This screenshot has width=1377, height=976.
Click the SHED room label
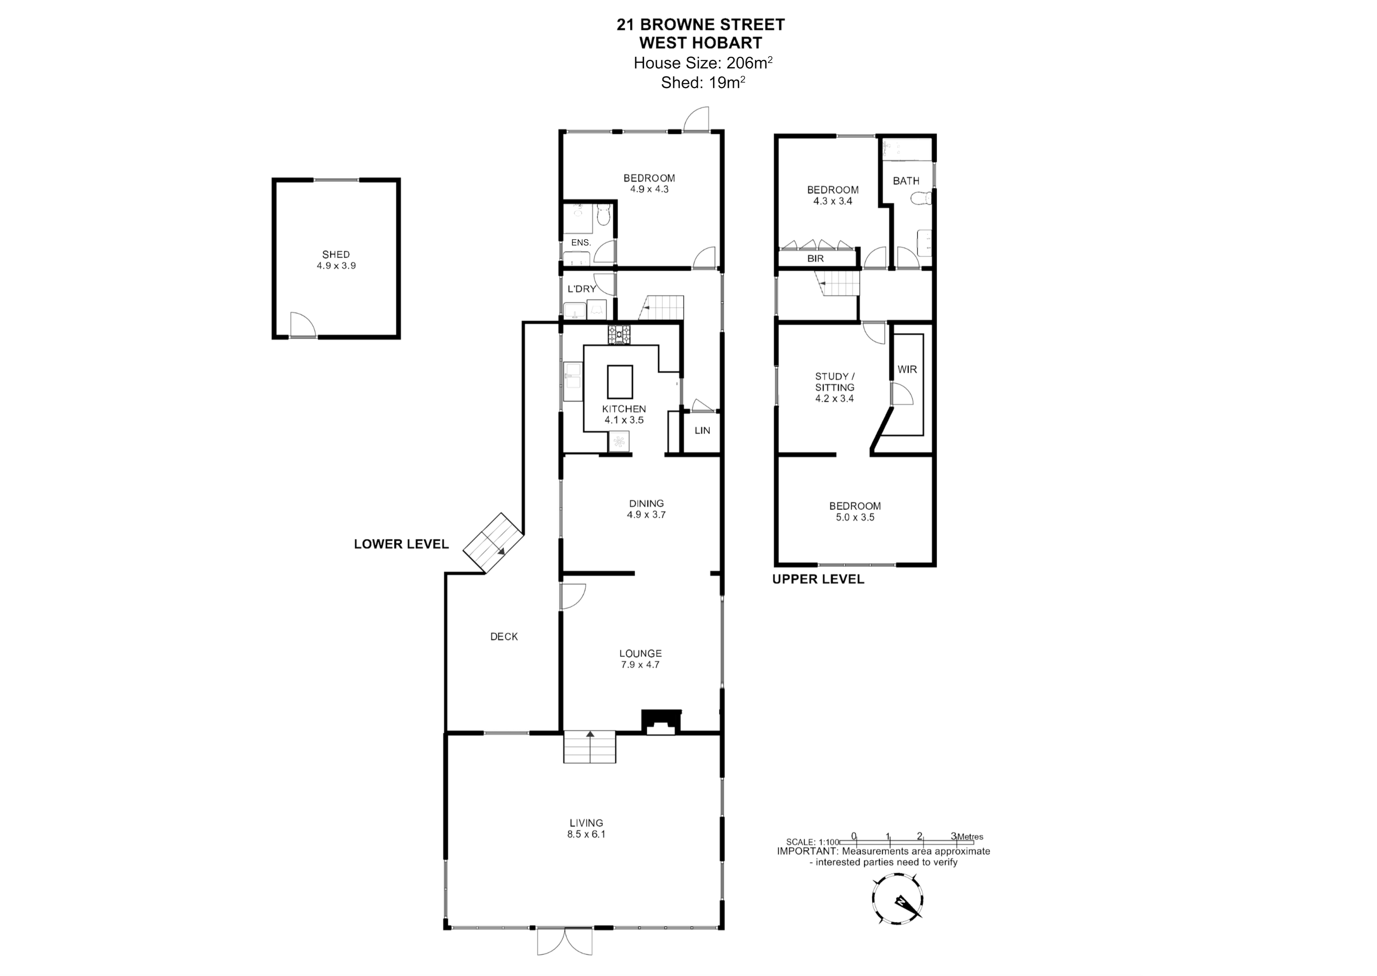tap(336, 254)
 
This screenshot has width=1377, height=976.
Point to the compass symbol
tap(898, 899)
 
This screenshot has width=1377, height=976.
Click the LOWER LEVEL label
tap(401, 544)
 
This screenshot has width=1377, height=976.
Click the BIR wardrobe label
tap(816, 258)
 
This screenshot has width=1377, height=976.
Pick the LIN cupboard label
tap(702, 430)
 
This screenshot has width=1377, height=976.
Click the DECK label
tap(504, 636)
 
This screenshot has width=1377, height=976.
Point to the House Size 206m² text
tap(703, 63)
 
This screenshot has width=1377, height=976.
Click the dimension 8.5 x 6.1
tap(586, 834)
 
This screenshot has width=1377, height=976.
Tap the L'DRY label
tap(582, 289)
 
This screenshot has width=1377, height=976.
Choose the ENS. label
tap(581, 243)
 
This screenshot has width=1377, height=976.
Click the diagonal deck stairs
tap(493, 543)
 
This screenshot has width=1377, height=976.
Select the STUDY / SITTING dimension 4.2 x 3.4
tap(834, 399)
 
